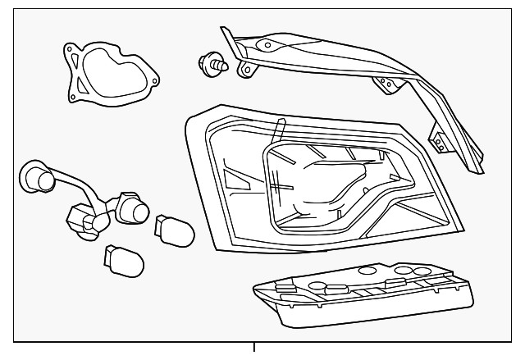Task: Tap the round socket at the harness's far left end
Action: pos(34,176)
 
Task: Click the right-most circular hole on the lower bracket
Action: pos(422,271)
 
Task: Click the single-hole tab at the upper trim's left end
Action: pos(244,71)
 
